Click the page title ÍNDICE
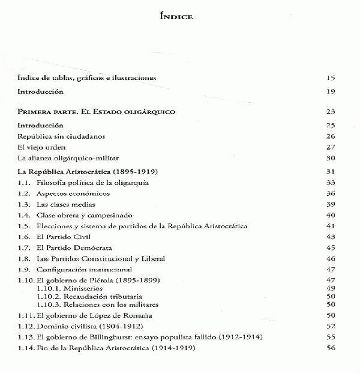(x=176, y=17)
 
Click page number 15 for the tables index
(x=331, y=78)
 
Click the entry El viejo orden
(x=41, y=147)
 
